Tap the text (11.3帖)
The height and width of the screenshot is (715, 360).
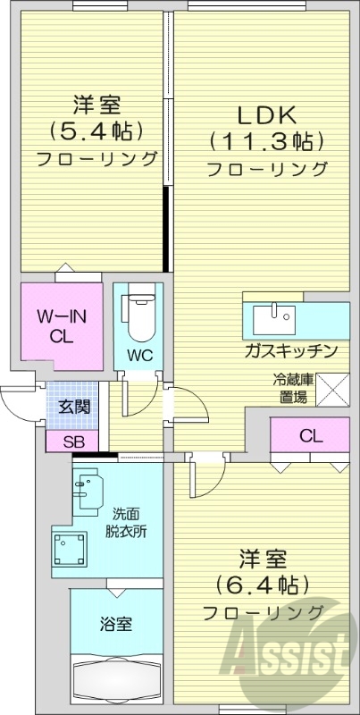pos(265,141)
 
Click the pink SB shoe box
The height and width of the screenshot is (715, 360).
pos(73,441)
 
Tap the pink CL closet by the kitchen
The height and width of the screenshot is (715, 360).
pos(310,437)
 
